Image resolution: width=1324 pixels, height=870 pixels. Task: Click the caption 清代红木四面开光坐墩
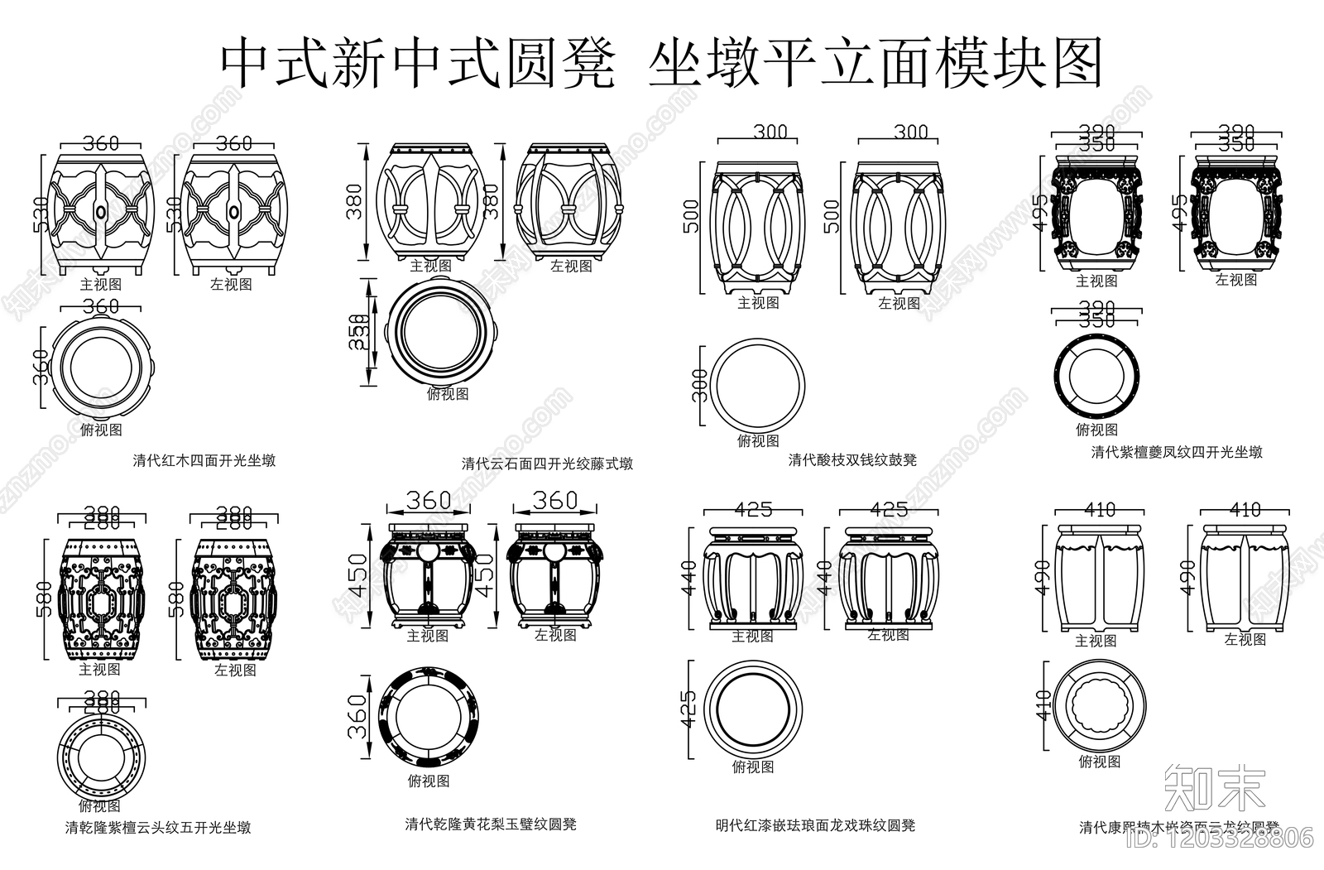click(204, 460)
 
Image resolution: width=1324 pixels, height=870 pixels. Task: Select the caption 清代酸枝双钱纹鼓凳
click(852, 459)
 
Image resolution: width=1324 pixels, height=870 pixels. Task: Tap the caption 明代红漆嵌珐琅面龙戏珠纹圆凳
click(815, 824)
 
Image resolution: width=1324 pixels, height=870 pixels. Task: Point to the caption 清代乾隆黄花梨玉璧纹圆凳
click(491, 824)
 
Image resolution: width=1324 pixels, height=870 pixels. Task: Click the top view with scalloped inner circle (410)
click(1101, 708)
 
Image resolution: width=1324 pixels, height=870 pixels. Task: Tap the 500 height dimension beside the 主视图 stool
click(691, 216)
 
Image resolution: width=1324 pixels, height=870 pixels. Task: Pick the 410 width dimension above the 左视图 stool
click(1245, 510)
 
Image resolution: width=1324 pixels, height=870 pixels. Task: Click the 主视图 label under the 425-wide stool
click(752, 636)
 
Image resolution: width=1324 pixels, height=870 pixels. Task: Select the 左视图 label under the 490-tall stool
click(1245, 639)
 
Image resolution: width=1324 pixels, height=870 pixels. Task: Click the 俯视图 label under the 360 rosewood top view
click(101, 430)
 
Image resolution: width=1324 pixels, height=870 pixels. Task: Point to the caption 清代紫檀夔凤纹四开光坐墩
click(1177, 452)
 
